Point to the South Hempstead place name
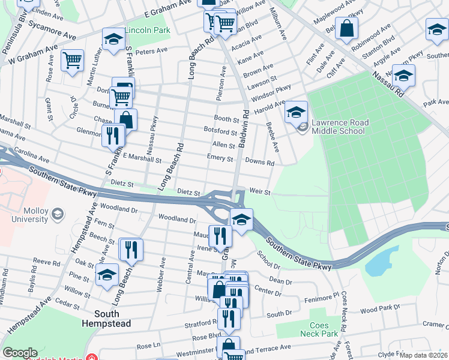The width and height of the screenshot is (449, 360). pyautogui.click(x=114, y=319)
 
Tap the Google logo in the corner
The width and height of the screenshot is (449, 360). pyautogui.click(x=20, y=353)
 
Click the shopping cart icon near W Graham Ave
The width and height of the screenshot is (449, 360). pyautogui.click(x=72, y=60)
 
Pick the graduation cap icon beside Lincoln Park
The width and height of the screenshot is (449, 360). pyautogui.click(x=112, y=39)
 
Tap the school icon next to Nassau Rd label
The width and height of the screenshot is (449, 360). pyautogui.click(x=403, y=76)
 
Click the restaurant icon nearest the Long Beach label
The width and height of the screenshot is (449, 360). pyautogui.click(x=131, y=249)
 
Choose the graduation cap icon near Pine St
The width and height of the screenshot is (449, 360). pyautogui.click(x=107, y=276)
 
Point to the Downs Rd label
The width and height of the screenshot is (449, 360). pyautogui.click(x=259, y=163)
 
